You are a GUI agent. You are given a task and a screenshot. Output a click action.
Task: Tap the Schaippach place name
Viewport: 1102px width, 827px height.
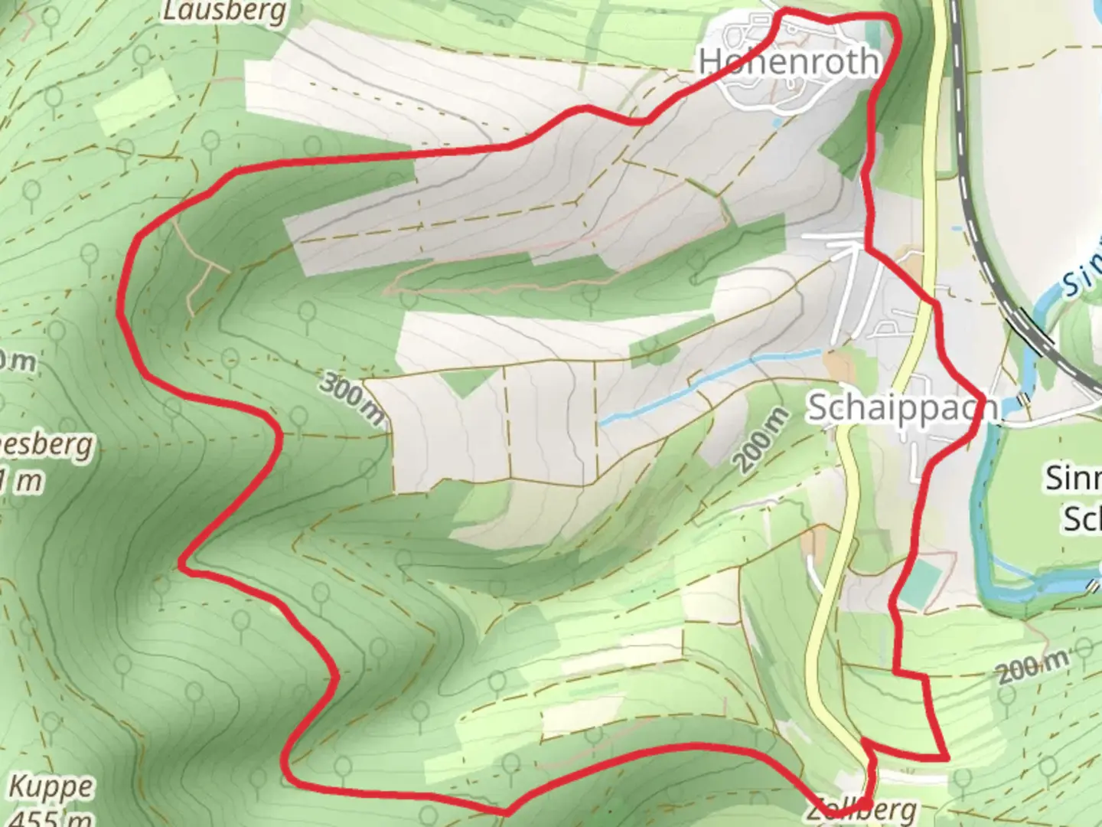pyautogui.click(x=903, y=408)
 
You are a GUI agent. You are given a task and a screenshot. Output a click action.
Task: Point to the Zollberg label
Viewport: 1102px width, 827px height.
pyautogui.click(x=861, y=810)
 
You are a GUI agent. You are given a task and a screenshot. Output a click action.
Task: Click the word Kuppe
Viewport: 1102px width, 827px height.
pyautogui.click(x=51, y=786)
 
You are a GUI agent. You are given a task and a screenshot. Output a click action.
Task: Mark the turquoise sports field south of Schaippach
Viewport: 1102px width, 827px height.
pyautogui.click(x=918, y=582)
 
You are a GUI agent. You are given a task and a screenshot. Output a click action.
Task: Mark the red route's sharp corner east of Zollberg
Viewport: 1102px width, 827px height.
pyautogui.click(x=947, y=757)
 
